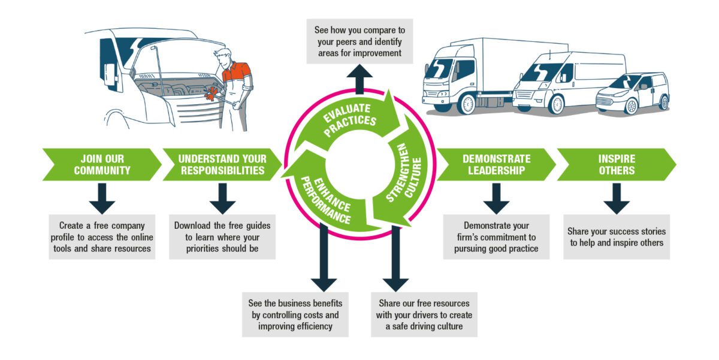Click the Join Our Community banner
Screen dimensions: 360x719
(102, 165)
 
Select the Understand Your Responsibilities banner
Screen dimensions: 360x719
(222, 165)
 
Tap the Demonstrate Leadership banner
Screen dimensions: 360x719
(496, 165)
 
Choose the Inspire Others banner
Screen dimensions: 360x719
(617, 165)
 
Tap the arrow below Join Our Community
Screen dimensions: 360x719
(102, 198)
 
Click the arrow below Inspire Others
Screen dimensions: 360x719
(617, 198)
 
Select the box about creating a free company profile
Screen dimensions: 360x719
(102, 237)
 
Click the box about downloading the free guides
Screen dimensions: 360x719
(222, 237)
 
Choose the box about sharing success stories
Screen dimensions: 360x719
(617, 237)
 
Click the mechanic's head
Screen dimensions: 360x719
(222, 59)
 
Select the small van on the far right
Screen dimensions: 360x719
(634, 93)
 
